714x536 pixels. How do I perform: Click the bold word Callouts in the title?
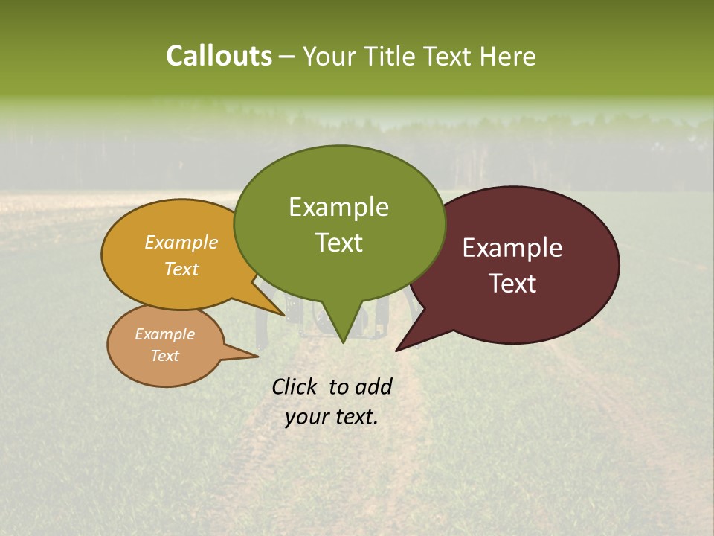(219, 56)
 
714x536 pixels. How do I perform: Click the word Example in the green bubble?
(338, 207)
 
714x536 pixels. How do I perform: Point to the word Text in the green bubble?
(338, 242)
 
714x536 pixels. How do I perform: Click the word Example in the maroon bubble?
(512, 248)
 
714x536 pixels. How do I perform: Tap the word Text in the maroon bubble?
(512, 283)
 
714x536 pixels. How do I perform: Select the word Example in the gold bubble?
(181, 242)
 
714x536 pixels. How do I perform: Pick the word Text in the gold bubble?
(181, 269)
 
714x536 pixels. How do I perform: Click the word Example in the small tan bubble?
(164, 334)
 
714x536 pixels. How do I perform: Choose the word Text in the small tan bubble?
(164, 356)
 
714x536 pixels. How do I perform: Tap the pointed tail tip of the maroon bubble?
(396, 350)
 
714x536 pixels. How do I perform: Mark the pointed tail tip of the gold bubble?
(285, 316)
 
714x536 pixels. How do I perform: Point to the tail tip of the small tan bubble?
(257, 357)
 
